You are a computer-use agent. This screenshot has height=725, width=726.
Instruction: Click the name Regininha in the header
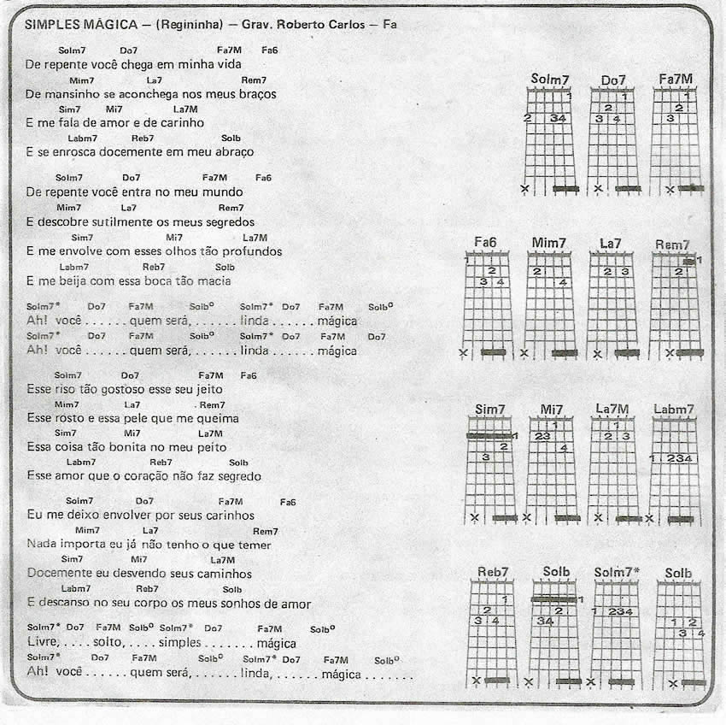click(x=185, y=24)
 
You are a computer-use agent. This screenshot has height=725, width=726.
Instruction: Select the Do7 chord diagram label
click(x=613, y=80)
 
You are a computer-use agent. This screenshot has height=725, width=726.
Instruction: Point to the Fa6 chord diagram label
click(x=485, y=244)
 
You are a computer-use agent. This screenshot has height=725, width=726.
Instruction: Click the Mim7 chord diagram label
click(x=548, y=244)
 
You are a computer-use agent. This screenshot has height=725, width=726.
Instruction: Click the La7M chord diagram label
click(x=612, y=410)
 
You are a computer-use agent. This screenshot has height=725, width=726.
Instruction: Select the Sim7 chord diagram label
click(x=490, y=410)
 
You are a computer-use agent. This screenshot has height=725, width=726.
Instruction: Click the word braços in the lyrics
click(x=255, y=94)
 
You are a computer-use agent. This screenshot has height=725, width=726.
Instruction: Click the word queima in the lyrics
click(x=219, y=419)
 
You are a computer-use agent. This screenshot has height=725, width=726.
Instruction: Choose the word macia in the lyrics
click(x=212, y=281)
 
